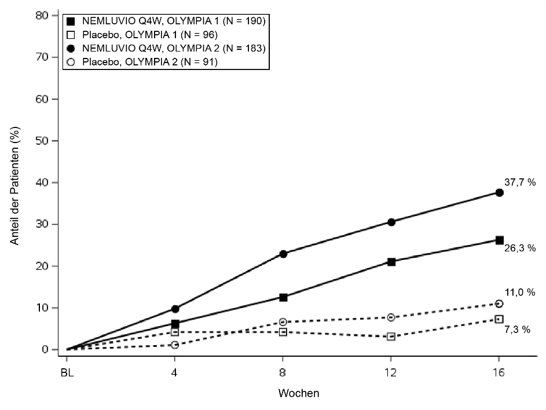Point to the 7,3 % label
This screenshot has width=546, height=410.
(x=517, y=330)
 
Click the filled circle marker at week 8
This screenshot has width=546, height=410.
(x=283, y=254)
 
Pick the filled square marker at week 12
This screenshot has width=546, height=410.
(x=391, y=262)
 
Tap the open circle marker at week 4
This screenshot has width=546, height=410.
(x=175, y=345)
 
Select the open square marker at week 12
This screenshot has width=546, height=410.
(x=391, y=336)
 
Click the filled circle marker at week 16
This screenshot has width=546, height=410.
(x=499, y=192)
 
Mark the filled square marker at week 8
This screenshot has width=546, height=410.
(x=283, y=297)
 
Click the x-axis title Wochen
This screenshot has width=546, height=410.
(x=299, y=393)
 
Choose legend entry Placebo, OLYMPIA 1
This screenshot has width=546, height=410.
(x=149, y=35)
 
